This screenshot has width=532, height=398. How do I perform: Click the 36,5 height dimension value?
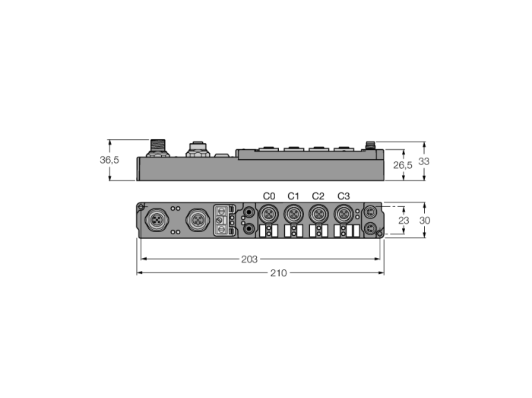click(109, 160)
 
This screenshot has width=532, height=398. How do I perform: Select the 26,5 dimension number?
click(403, 165)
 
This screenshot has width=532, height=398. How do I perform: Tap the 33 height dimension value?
click(424, 161)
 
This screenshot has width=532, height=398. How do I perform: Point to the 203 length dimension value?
click(249, 259)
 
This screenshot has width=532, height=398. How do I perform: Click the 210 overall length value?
click(279, 273)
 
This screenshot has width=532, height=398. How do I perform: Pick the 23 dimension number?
click(404, 221)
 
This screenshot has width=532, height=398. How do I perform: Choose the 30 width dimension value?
click(425, 221)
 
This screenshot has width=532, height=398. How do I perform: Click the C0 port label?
click(269, 196)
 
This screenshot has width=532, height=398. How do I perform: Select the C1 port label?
click(293, 196)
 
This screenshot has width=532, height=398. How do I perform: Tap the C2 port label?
click(318, 196)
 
